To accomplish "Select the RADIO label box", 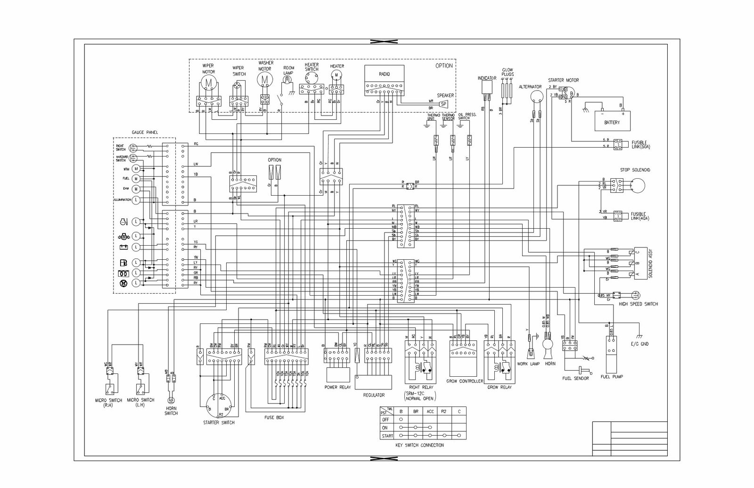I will pyautogui.click(x=384, y=74).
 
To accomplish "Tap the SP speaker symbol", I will pyautogui.click(x=443, y=104).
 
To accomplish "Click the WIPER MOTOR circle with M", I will pyautogui.click(x=209, y=83).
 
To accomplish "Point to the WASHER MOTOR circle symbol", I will pyautogui.click(x=265, y=80).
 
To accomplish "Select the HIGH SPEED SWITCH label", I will pyautogui.click(x=638, y=304).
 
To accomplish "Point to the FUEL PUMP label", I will pyautogui.click(x=612, y=377).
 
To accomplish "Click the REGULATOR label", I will pyautogui.click(x=374, y=395).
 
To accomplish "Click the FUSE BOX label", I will pyautogui.click(x=274, y=417).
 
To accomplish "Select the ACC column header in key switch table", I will pyautogui.click(x=430, y=411).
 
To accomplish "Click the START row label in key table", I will pyautogui.click(x=387, y=436).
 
